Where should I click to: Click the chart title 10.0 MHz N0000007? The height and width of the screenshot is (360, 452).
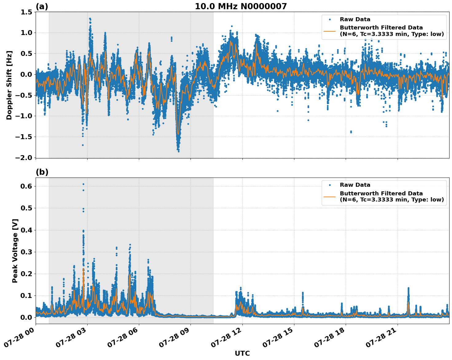[x=241, y=6]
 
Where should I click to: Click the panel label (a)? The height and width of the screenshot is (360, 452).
[x=42, y=6]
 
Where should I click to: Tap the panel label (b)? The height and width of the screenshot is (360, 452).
[x=42, y=172]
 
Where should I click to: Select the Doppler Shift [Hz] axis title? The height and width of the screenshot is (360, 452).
[x=9, y=85]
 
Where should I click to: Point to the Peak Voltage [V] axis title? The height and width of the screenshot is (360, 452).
[x=15, y=251]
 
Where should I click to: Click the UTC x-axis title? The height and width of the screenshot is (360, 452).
[x=242, y=353]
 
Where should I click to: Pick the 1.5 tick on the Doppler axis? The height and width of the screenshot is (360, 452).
[x=26, y=12]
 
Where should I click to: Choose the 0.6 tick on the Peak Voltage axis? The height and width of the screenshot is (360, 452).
[x=26, y=186]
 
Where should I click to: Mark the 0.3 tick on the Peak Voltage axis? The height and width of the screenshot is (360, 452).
[x=26, y=252]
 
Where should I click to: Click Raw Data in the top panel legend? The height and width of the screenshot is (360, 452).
[x=355, y=19]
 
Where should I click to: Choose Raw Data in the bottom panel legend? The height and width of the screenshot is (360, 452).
[x=355, y=185]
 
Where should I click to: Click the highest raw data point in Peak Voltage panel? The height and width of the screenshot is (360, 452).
[x=83, y=184]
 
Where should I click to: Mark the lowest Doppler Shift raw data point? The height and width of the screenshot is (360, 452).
[x=179, y=151]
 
